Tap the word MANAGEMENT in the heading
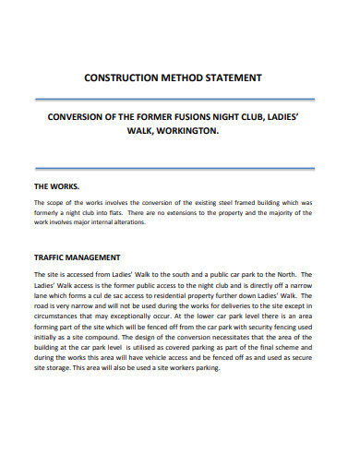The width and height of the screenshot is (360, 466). tap(111, 257)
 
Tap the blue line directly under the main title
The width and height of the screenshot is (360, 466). tap(179, 97)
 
